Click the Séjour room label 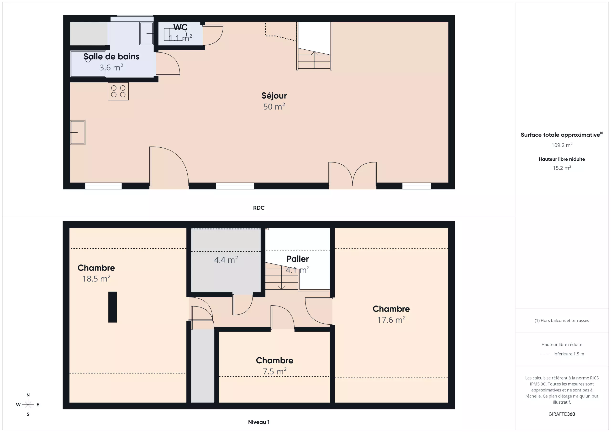(x=274, y=96)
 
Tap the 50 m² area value (x=274, y=107)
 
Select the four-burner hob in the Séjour (x=118, y=91)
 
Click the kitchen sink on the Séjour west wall (x=78, y=132)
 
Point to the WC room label (x=180, y=27)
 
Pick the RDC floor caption (x=259, y=208)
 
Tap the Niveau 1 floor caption (x=259, y=422)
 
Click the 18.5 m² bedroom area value (x=96, y=279)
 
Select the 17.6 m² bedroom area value (x=391, y=319)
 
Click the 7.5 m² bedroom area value (x=274, y=371)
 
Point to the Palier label (x=298, y=259)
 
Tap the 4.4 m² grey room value (x=226, y=260)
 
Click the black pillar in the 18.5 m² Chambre (x=113, y=307)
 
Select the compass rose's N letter (x=28, y=395)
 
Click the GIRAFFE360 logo (x=562, y=414)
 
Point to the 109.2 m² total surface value (x=562, y=145)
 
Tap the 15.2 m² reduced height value (x=562, y=168)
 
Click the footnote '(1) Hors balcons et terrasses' (x=562, y=321)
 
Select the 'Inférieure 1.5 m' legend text (x=569, y=354)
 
